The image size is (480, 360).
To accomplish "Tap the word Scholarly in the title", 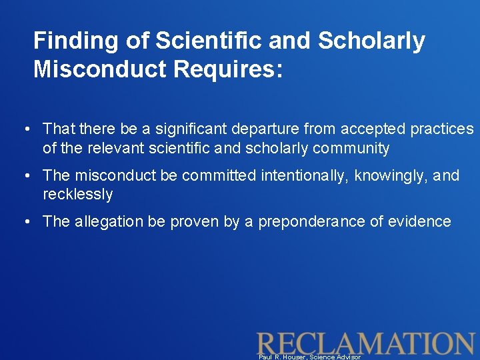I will tap(371, 41).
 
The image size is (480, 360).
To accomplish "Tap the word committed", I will tap(219, 175).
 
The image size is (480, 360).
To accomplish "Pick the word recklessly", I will tap(78, 195).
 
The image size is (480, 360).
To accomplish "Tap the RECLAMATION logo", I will tap(365, 343).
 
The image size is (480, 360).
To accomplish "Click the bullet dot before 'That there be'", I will tap(24, 129).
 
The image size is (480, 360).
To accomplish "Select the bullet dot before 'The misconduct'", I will tap(24, 175).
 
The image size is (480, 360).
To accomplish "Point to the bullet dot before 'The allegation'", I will tap(24, 222).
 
